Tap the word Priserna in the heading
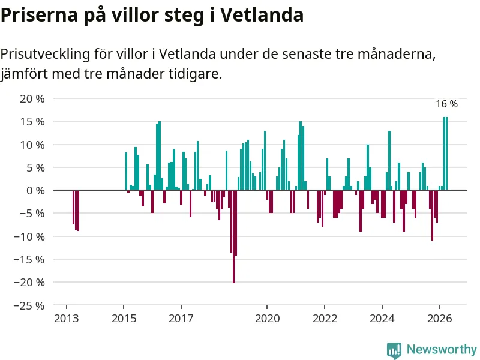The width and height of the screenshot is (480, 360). pyautogui.click(x=40, y=14)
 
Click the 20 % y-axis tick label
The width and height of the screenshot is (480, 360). pyautogui.click(x=32, y=99)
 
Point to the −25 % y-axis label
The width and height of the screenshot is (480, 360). pyautogui.click(x=29, y=305)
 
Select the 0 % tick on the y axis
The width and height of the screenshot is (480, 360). pyautogui.click(x=35, y=191)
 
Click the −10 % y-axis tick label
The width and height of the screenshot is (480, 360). pyautogui.click(x=29, y=236)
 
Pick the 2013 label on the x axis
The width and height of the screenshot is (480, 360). pyautogui.click(x=67, y=319)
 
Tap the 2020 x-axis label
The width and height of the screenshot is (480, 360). pyautogui.click(x=267, y=319)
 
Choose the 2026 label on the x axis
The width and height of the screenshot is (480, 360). pyautogui.click(x=440, y=319)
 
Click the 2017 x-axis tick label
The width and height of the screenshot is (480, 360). pyautogui.click(x=181, y=319)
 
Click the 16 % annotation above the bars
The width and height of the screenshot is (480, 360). pyautogui.click(x=446, y=104)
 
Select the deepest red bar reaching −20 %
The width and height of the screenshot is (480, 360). pyautogui.click(x=233, y=236)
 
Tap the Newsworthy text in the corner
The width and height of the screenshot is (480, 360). pyautogui.click(x=442, y=349)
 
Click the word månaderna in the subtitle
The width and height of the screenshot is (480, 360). pyautogui.click(x=397, y=54)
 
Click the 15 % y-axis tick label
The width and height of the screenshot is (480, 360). pyautogui.click(x=32, y=122)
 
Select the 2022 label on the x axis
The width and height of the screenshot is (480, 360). pyautogui.click(x=325, y=319)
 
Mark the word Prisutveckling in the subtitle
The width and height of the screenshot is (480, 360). pyautogui.click(x=46, y=54)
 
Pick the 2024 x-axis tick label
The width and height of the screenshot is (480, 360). pyautogui.click(x=382, y=319)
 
